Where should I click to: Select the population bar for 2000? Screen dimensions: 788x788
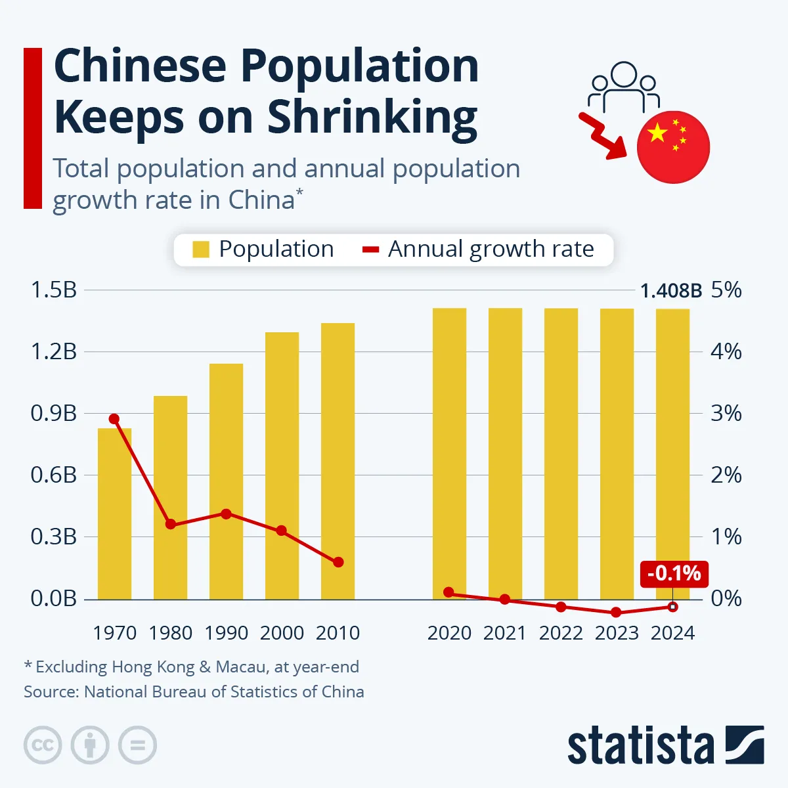[282, 466]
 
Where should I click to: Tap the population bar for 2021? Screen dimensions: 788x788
[505, 453]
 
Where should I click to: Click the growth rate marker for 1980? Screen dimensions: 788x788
[171, 524]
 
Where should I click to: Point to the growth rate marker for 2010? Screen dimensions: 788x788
[338, 562]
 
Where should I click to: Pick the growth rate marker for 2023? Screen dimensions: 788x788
[616, 612]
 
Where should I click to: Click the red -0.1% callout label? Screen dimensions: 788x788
[674, 574]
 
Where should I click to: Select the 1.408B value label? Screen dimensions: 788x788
[670, 291]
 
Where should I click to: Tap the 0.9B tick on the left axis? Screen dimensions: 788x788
[53, 413]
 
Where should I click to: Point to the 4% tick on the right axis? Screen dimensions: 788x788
[726, 351]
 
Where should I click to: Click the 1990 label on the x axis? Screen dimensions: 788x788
[226, 633]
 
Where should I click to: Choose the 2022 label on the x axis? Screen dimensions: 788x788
[561, 633]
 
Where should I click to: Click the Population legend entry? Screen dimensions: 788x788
[263, 250]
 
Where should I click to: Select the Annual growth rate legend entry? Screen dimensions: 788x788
[479, 250]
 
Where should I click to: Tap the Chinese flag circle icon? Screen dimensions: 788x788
[673, 146]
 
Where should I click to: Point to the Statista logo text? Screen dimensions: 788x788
[640, 747]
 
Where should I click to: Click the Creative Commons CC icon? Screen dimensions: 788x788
[43, 745]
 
